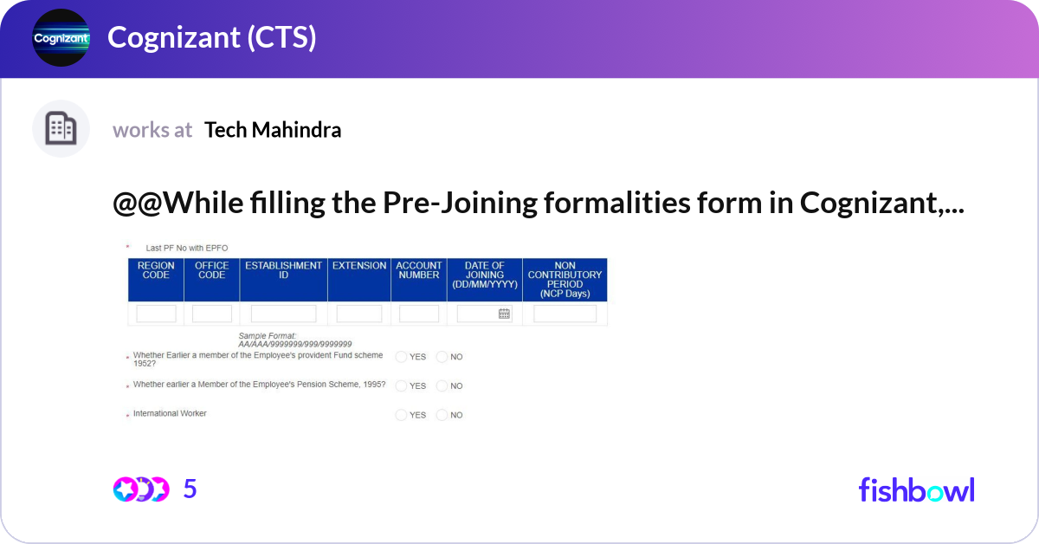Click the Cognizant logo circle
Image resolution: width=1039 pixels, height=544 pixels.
tap(61, 37)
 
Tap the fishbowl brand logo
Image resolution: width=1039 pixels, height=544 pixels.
tap(916, 489)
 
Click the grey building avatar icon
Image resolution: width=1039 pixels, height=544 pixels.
tap(61, 129)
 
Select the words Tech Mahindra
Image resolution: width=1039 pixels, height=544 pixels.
tap(273, 130)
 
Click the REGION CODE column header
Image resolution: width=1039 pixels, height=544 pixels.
tap(156, 270)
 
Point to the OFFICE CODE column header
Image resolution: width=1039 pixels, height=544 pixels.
tap(212, 270)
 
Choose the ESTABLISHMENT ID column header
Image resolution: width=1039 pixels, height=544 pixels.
tap(283, 270)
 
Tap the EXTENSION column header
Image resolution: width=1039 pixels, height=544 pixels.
tap(359, 266)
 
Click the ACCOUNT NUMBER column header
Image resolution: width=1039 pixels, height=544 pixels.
tap(419, 270)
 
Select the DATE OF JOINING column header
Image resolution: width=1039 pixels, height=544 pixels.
tap(485, 275)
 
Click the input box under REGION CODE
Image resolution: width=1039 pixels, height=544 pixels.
tap(156, 314)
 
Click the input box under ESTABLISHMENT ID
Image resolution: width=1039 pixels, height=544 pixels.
tap(283, 314)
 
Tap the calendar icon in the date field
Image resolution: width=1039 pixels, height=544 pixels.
tap(504, 314)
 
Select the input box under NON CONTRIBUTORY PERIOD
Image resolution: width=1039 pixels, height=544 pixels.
tap(565, 314)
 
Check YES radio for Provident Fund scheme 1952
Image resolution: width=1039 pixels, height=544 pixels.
tap(401, 357)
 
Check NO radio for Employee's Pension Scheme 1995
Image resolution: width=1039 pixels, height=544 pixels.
tap(442, 386)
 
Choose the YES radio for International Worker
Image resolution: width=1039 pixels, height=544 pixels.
tap(401, 416)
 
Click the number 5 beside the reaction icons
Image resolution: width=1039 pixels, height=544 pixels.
tap(190, 489)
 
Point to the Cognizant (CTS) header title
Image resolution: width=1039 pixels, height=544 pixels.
tap(211, 37)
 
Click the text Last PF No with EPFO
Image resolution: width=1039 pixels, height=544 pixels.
tap(187, 248)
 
